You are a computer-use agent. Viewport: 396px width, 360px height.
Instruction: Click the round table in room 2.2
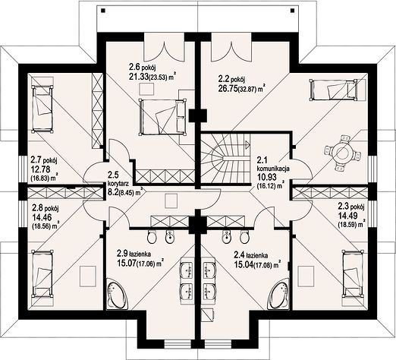tap(341, 153)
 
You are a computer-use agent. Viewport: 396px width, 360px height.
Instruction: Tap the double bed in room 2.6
tap(162, 116)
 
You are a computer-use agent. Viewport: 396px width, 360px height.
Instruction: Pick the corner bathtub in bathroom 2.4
tap(280, 294)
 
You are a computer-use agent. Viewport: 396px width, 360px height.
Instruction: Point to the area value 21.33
tap(139, 77)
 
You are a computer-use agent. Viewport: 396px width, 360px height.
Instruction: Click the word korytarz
tap(118, 183)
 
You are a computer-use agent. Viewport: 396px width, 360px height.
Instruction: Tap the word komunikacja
tap(273, 169)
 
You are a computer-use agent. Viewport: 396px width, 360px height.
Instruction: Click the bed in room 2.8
tap(42, 273)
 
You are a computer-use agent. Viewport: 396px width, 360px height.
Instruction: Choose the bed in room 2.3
tap(354, 273)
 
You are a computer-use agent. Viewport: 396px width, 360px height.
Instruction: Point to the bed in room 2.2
tap(333, 90)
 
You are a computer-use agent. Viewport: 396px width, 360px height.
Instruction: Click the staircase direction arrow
tap(247, 144)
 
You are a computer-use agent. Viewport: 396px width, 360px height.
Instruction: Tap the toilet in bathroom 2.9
tap(152, 237)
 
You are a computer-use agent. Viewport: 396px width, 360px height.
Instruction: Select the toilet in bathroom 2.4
tap(244, 237)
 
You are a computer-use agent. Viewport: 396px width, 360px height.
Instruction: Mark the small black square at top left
tap(103, 11)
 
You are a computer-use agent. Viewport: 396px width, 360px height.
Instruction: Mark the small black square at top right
tap(292, 11)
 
